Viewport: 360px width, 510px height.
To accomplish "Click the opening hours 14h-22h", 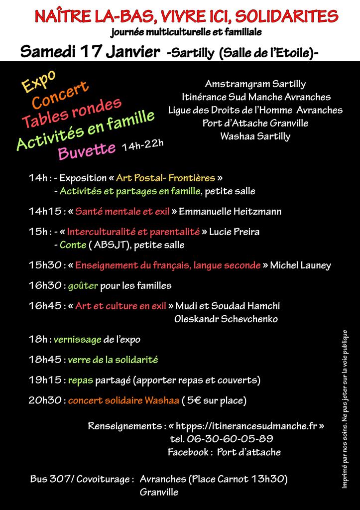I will click(x=142, y=146).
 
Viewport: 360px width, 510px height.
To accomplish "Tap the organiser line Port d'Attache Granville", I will click(x=255, y=123).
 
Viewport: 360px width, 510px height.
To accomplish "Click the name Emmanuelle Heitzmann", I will click(x=230, y=212).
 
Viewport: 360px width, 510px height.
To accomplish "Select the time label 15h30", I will click(x=45, y=265).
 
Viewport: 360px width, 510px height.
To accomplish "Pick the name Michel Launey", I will click(x=300, y=265).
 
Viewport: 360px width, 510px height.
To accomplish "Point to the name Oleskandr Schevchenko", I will click(x=226, y=319).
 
